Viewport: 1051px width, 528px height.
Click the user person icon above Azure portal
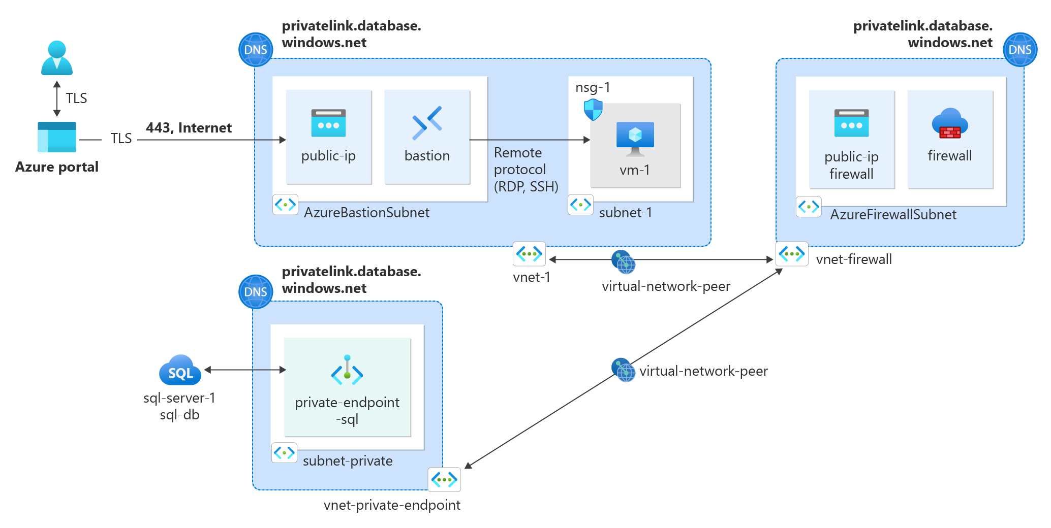(56, 58)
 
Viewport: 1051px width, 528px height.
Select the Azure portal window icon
(56, 137)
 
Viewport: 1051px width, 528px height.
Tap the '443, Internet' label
(189, 127)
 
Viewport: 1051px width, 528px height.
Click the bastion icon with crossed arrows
(427, 123)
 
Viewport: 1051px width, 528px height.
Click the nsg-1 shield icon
(593, 109)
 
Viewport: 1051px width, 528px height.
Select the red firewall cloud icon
(949, 124)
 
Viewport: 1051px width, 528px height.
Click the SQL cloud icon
(180, 371)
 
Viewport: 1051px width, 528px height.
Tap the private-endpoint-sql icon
(347, 370)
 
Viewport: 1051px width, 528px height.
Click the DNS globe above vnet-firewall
(1019, 50)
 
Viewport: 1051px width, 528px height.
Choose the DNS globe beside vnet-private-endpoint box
(256, 292)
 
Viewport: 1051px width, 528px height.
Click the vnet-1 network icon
(529, 254)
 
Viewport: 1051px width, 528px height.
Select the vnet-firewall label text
(853, 259)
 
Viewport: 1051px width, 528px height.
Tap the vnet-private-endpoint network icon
(444, 479)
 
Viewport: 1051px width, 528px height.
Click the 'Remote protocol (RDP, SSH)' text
(525, 170)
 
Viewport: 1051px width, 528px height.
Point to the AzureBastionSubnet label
(366, 213)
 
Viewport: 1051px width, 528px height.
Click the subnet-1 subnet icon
(580, 205)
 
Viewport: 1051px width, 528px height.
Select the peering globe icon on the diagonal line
(623, 370)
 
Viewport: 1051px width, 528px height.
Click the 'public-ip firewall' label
(851, 165)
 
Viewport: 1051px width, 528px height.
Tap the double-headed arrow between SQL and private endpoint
(245, 370)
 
